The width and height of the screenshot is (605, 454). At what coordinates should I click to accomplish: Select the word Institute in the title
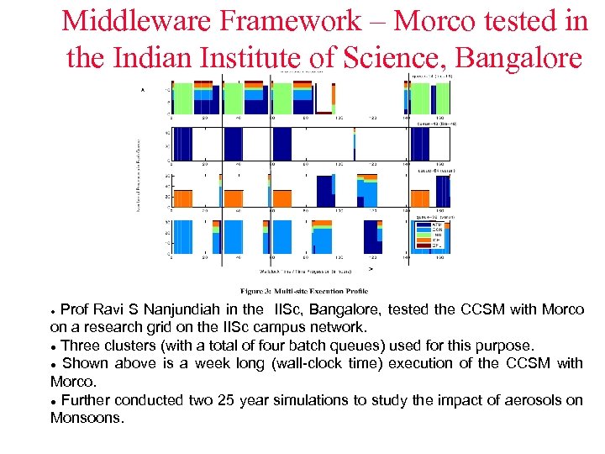(250, 58)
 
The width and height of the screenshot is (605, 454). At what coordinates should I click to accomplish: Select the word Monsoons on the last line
(86, 418)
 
